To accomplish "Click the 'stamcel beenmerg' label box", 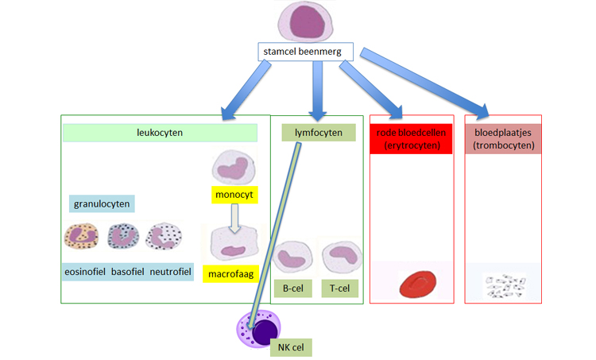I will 304,52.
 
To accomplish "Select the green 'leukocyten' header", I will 160,133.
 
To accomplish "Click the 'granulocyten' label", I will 102,203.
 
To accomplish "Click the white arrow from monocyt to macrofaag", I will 234,218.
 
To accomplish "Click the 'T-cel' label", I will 339,288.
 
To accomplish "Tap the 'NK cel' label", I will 290,347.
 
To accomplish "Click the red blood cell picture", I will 417,285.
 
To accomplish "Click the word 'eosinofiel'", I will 85,272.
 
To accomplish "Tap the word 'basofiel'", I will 128,272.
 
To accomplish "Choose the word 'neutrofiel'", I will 171,272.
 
